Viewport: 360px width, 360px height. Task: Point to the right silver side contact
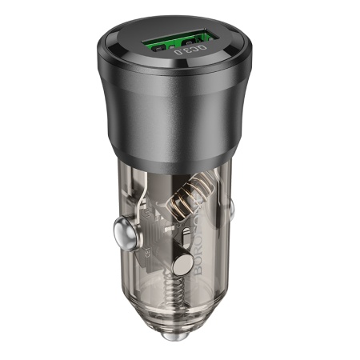pyautogui.click(x=234, y=211)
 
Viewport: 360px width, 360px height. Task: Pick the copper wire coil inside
pyautogui.click(x=189, y=197)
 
